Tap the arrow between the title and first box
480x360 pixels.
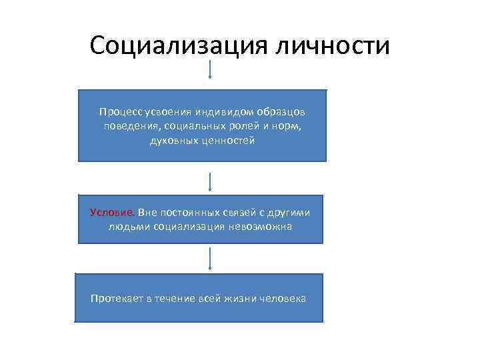click(x=211, y=70)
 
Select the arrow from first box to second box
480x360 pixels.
click(x=211, y=182)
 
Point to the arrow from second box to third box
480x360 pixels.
click(x=211, y=259)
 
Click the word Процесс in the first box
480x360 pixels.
click(x=117, y=111)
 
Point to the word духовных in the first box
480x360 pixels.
click(x=171, y=141)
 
